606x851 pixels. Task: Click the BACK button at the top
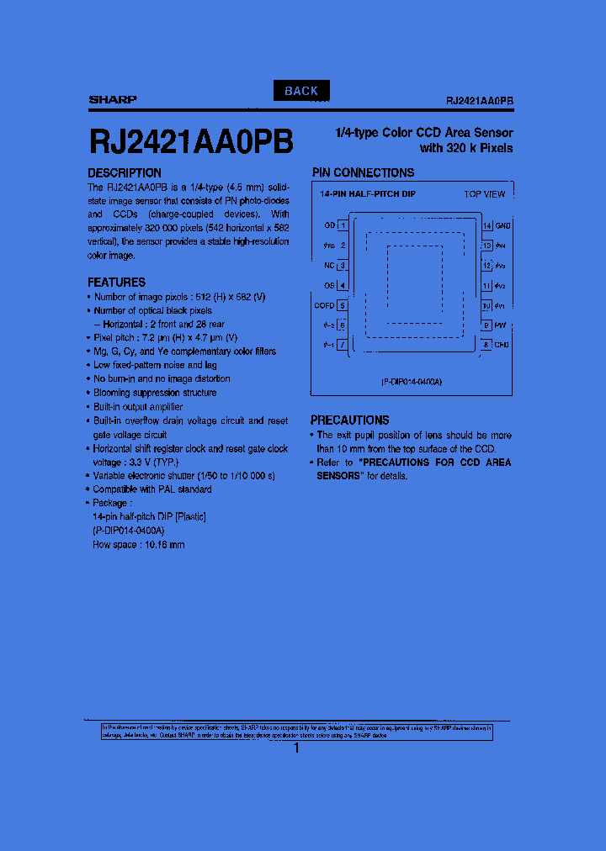click(x=301, y=91)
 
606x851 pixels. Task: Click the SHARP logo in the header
click(x=113, y=100)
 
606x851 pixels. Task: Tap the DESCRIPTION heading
click(x=125, y=173)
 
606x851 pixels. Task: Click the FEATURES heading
click(x=116, y=283)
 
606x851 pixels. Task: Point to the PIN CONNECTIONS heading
click(x=363, y=172)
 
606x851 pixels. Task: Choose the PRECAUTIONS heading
click(x=349, y=420)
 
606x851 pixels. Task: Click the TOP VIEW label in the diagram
click(x=484, y=194)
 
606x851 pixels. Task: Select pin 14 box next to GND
click(x=486, y=225)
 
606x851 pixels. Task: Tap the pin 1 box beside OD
click(x=342, y=225)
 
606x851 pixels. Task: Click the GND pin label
click(x=502, y=225)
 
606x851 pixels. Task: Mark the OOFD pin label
click(x=324, y=305)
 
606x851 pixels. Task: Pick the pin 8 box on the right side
click(x=486, y=345)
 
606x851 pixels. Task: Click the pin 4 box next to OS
click(x=342, y=286)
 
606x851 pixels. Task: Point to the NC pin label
click(x=329, y=265)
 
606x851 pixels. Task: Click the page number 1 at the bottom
click(x=296, y=748)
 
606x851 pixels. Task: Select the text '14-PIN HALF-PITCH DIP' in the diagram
click(x=367, y=194)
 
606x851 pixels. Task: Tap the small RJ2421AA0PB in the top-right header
click(x=480, y=100)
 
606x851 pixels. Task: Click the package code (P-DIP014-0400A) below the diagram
click(x=411, y=382)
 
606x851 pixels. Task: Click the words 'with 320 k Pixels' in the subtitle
click(x=465, y=148)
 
